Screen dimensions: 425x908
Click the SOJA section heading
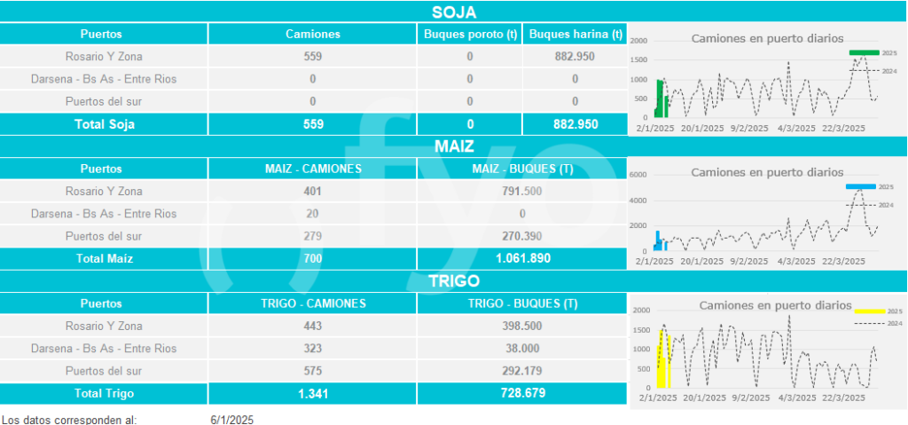[x=453, y=12]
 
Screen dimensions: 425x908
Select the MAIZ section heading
[x=453, y=146]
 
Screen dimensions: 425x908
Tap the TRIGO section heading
[x=453, y=280]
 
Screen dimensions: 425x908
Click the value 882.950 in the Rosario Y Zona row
[x=575, y=57]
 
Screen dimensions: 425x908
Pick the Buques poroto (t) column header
[x=469, y=35]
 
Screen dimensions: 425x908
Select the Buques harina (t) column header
[x=575, y=35]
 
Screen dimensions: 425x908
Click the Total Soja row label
[x=104, y=124]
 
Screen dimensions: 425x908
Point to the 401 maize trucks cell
[x=313, y=191]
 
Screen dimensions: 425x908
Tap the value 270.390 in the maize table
[x=522, y=236]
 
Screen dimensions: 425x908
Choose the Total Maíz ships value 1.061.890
[x=522, y=258]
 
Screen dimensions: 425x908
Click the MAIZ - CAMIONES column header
[x=313, y=169]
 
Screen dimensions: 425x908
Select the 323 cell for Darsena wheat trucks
[x=313, y=349]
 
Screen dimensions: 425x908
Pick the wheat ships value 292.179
[x=522, y=371]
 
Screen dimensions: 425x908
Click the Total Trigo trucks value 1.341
[x=313, y=393]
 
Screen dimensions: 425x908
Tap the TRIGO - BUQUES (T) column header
[x=522, y=303]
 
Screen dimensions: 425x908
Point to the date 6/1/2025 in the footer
[x=232, y=419]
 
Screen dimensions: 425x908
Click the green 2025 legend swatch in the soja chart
[x=864, y=53]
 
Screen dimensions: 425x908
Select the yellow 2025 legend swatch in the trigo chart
[x=869, y=311]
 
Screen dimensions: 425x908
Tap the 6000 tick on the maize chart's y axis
[x=639, y=175]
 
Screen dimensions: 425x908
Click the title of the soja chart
[x=767, y=38]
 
